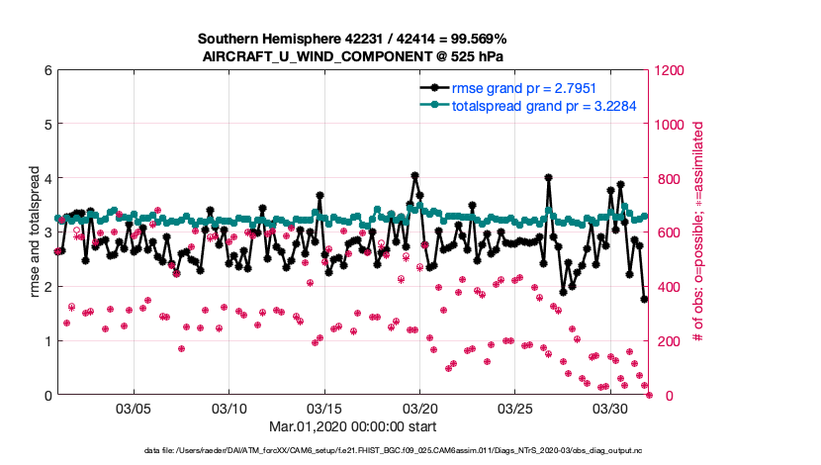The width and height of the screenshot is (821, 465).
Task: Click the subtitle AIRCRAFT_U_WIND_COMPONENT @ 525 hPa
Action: pos(352,55)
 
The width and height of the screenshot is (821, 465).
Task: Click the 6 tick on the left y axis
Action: pos(47,70)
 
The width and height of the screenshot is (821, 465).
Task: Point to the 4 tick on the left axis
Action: pos(47,178)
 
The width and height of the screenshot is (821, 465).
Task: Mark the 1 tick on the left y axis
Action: pos(47,340)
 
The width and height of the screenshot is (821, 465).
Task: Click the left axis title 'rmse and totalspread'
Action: pos(34,232)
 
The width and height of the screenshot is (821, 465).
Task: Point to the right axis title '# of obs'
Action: pos(698,232)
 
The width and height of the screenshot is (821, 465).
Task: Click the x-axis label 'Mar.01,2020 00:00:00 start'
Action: pos(352,426)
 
